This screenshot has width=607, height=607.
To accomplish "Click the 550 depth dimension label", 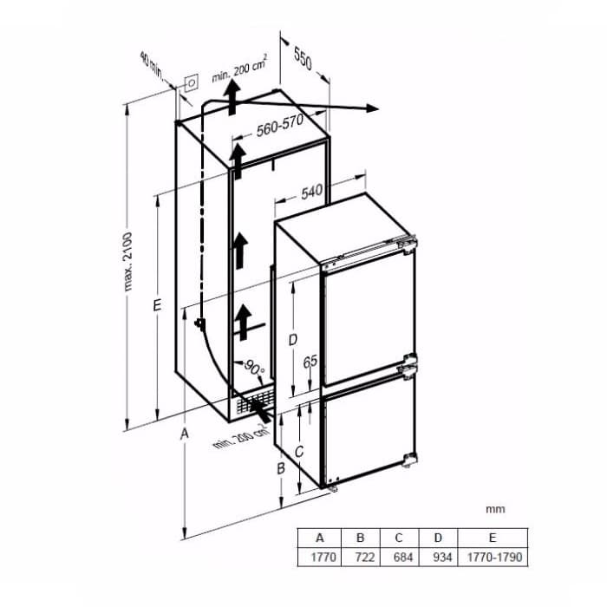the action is tap(303, 58).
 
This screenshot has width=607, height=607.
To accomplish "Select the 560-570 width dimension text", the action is tap(280, 126).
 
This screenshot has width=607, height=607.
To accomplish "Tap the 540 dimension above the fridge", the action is tap(311, 193).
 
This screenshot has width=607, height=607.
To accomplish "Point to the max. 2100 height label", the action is tap(128, 262).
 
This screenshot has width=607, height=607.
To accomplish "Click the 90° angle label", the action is tap(254, 369).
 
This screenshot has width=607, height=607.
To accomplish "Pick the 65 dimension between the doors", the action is tap(310, 362).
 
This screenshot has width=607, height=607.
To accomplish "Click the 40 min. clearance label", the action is tap(152, 65).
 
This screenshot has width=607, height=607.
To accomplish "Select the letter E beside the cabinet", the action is tap(157, 305).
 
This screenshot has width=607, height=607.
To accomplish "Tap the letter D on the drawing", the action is tap(293, 340).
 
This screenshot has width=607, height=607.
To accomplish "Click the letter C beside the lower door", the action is tap(299, 452).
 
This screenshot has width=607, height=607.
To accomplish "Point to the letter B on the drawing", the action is tap(281, 469).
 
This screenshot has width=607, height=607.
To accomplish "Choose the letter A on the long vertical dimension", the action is tap(185, 434).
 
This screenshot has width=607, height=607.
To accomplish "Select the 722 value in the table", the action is tap(365, 558).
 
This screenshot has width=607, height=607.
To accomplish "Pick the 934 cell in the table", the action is tap(442, 558).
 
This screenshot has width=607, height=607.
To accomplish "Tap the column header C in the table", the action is tap(399, 538).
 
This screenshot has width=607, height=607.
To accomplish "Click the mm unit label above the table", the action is tap(495, 509).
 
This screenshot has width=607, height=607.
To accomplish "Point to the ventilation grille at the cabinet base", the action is tap(256, 401).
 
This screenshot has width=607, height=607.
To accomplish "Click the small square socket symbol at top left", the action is tap(192, 83).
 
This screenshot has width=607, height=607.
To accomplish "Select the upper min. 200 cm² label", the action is tap(239, 69).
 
